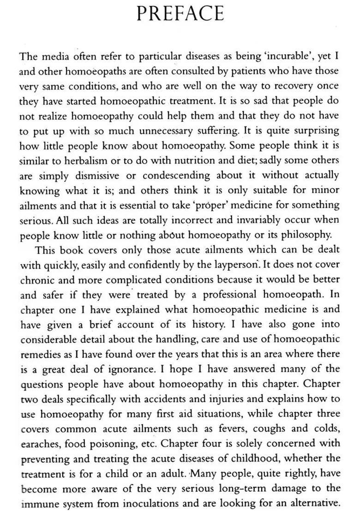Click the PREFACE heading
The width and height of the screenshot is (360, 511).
180,13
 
